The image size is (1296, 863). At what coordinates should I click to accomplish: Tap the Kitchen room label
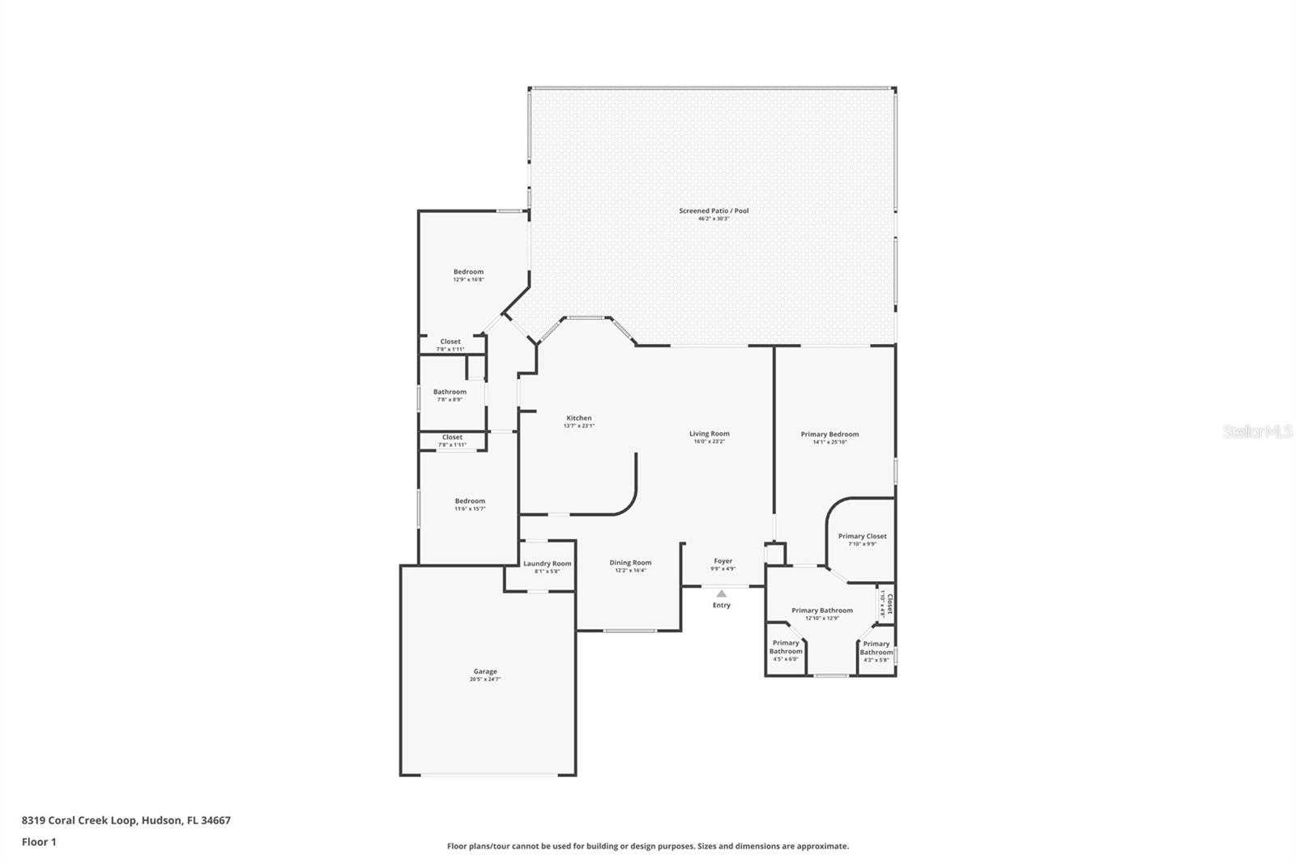(578, 418)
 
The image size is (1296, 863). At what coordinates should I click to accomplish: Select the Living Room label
(709, 433)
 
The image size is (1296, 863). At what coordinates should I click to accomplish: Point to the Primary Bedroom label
(829, 434)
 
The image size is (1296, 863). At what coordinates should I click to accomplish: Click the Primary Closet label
(862, 536)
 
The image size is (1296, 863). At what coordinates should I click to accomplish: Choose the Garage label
(485, 671)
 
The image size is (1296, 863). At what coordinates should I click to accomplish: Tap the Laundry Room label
(547, 563)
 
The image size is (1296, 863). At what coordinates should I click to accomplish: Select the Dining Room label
(630, 563)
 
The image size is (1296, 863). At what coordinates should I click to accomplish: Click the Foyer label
(723, 561)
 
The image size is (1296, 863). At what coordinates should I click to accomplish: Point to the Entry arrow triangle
(721, 593)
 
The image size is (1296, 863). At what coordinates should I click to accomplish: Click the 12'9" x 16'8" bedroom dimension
(468, 279)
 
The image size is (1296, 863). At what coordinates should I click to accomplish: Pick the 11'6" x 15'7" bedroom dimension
(470, 508)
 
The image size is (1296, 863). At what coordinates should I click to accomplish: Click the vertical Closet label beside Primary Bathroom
(888, 604)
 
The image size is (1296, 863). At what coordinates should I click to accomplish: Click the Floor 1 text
(39, 842)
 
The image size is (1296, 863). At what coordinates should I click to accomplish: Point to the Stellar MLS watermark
(1257, 431)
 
